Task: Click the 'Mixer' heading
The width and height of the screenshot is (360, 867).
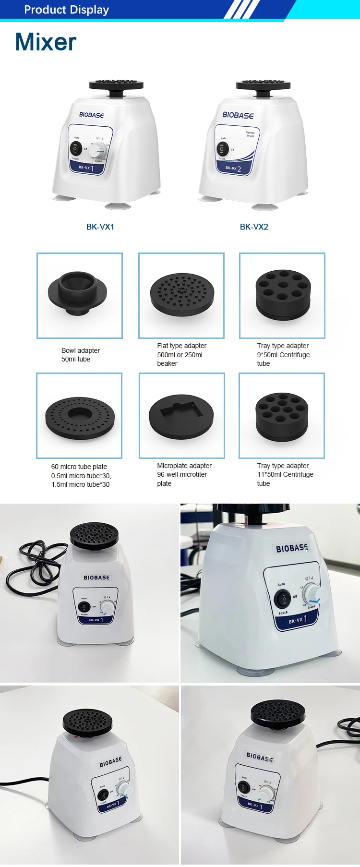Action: (x=46, y=42)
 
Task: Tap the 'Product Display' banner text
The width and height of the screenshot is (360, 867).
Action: (x=66, y=10)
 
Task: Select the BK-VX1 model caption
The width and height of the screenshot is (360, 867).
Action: (x=100, y=227)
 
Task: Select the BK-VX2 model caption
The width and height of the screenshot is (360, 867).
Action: (x=254, y=227)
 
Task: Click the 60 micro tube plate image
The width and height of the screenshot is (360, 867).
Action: (x=80, y=415)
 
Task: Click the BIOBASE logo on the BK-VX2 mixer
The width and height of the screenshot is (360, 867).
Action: (x=238, y=115)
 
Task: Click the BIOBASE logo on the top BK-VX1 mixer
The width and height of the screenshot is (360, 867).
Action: (x=92, y=115)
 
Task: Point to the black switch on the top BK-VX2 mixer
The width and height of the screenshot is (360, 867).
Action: (x=222, y=149)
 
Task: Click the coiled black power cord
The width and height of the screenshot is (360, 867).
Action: (x=34, y=569)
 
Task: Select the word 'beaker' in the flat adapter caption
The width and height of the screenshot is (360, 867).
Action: (x=167, y=363)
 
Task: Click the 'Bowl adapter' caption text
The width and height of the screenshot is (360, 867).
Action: (x=81, y=350)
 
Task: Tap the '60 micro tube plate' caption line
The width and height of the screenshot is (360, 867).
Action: (x=79, y=467)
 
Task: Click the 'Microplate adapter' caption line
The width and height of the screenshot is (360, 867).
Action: (x=184, y=466)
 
